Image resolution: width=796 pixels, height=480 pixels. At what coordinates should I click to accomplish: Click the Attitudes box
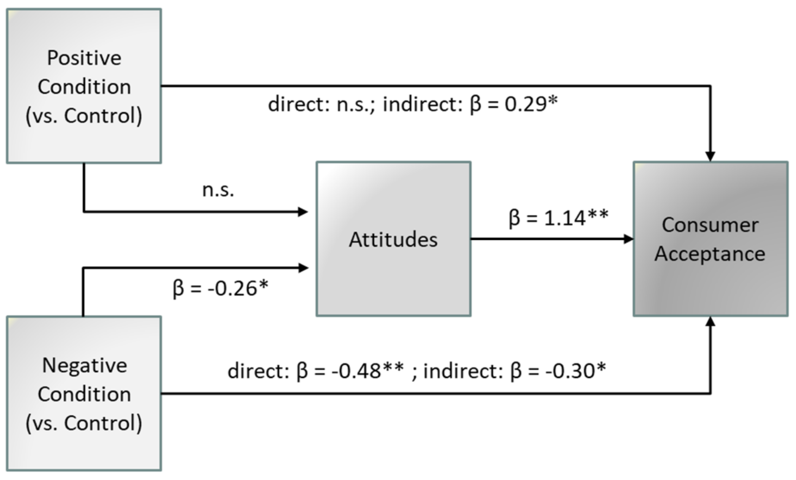point(393,239)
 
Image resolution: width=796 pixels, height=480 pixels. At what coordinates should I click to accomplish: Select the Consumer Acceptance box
point(710,239)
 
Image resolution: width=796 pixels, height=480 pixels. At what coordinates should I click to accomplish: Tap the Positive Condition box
point(84,86)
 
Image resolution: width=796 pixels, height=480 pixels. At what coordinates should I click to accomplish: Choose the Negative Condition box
point(84,393)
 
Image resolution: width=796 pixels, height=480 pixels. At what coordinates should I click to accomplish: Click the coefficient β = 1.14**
point(558,218)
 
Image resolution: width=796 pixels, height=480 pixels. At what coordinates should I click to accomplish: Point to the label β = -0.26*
point(220,289)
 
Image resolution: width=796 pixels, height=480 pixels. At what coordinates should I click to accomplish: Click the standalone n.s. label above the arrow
point(218,190)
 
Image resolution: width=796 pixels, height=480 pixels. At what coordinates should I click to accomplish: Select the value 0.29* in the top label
point(531,104)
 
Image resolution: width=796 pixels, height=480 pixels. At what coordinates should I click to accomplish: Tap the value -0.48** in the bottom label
point(367,371)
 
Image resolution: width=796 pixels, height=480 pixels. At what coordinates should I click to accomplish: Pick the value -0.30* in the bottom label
point(576,371)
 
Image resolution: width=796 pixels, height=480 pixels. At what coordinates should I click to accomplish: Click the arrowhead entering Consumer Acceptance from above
point(710,156)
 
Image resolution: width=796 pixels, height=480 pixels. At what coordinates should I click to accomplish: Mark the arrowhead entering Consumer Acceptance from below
point(710,322)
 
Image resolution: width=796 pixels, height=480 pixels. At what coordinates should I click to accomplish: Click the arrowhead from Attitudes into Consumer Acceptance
point(628,239)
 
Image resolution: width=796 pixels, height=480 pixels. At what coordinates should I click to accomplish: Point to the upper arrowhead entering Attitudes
point(303,212)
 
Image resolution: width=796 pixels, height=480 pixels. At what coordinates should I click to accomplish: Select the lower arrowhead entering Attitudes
point(303,268)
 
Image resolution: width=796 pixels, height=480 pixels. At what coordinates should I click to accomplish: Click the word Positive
point(84,58)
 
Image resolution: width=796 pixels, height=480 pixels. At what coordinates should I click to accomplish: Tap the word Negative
point(85,365)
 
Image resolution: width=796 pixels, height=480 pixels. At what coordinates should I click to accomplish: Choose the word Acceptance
point(710,254)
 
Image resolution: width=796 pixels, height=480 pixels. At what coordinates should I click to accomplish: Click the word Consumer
point(710,225)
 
